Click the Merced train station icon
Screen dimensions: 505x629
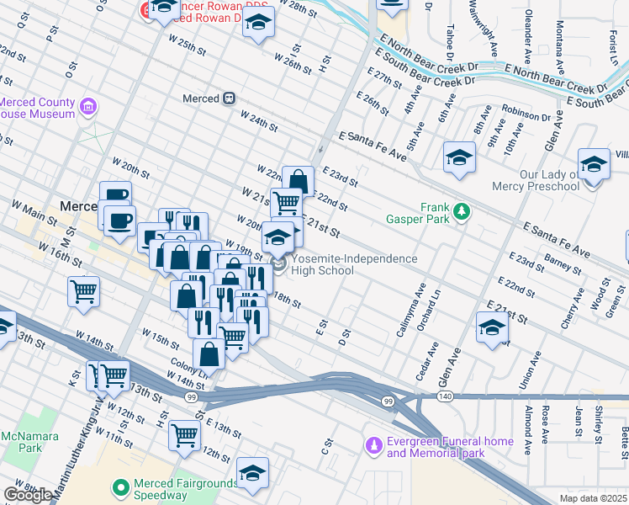point(228,98)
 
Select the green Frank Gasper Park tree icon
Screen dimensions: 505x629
point(461,213)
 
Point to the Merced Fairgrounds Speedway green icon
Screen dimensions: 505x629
point(121,486)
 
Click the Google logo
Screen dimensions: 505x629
point(27,495)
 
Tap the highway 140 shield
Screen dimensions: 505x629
point(444,396)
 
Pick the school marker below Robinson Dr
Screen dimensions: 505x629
point(459,157)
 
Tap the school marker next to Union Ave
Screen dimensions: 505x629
point(492,327)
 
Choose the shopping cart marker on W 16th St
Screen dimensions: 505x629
point(84,292)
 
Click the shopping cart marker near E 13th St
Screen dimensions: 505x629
point(185,435)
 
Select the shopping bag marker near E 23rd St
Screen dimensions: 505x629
point(298,181)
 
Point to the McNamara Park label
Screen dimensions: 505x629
point(19,443)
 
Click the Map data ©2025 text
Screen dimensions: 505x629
point(594,498)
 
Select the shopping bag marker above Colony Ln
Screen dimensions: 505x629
point(209,354)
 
